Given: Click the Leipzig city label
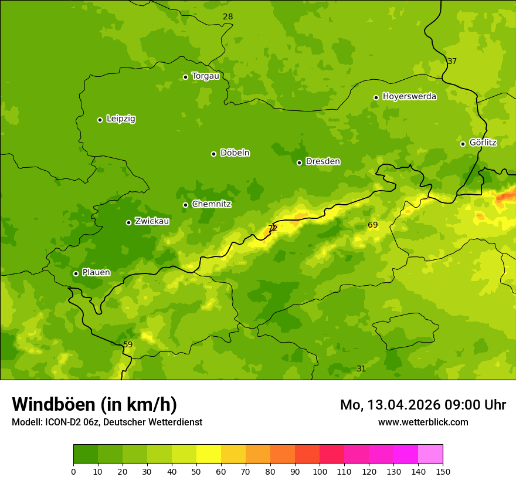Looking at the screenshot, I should click(121, 119).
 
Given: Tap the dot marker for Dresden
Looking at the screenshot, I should click(299, 163).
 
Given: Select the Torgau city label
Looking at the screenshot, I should click(205, 76).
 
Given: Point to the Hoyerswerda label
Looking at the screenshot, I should click(409, 97).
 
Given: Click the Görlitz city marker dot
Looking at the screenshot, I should click(463, 144).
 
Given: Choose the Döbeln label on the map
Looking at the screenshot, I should click(235, 153).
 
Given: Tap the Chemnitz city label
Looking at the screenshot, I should click(211, 205).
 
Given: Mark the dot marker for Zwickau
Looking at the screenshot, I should click(128, 222).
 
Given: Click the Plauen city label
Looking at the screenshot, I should click(96, 273).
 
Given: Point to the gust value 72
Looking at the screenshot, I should click(273, 229).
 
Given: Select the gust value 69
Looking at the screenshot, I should click(373, 225).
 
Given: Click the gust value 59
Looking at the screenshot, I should click(128, 345).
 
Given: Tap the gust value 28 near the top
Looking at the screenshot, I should click(228, 17).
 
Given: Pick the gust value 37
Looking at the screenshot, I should click(451, 62).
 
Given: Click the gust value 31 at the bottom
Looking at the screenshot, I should click(361, 369).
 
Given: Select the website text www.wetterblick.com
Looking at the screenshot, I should click(423, 422).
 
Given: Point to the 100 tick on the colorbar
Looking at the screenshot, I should click(320, 471).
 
